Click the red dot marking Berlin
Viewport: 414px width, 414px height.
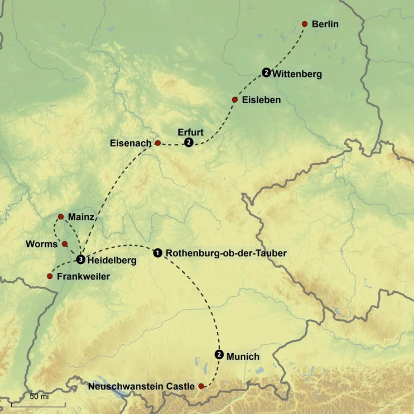(x=305, y=24)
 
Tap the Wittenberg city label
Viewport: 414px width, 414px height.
(x=297, y=74)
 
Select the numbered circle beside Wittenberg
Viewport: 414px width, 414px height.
(x=267, y=72)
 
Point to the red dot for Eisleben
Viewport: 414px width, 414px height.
(x=235, y=99)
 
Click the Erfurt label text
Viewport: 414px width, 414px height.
(x=190, y=132)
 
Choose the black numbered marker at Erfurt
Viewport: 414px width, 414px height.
(x=189, y=143)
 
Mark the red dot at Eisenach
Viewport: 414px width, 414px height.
(x=157, y=143)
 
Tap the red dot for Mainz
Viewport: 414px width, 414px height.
(x=61, y=216)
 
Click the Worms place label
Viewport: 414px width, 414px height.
(x=42, y=244)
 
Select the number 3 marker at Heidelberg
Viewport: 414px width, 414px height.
(x=81, y=259)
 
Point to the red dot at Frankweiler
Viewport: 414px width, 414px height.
(x=50, y=276)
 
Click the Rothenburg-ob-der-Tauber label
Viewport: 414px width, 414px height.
(x=226, y=253)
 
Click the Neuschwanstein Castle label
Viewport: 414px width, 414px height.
(x=141, y=386)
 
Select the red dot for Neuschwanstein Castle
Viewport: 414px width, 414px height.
(x=201, y=386)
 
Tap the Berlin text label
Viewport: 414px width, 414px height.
(x=325, y=24)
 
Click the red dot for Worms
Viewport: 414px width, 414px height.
(x=65, y=244)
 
